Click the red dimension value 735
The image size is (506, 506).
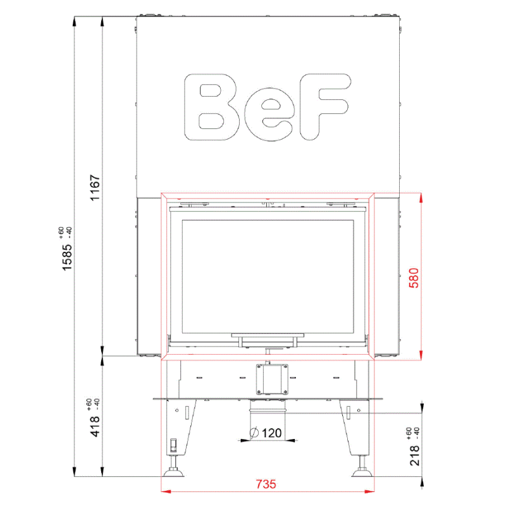click(x=266, y=484)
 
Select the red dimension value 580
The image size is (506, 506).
click(x=414, y=278)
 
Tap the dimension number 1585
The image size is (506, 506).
click(x=67, y=257)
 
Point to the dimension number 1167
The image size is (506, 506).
click(x=96, y=187)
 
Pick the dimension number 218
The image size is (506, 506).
click(x=415, y=455)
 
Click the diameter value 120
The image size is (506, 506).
click(x=272, y=433)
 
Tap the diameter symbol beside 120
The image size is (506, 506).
click(x=254, y=433)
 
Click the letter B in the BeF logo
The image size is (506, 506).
click(x=212, y=107)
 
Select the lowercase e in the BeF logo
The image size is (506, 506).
click(x=269, y=114)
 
